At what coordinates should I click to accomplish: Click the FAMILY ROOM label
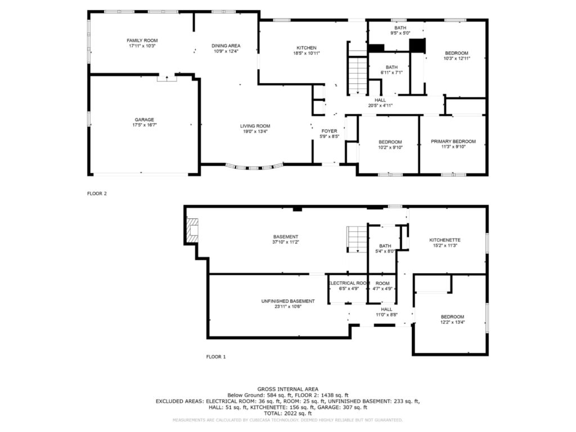142,40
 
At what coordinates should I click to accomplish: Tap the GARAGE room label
145,120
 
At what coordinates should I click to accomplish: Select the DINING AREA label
226,46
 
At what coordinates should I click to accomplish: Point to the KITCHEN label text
307,48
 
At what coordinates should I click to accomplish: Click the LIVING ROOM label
255,126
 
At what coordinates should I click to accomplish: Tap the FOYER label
329,131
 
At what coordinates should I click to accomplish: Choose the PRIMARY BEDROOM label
453,141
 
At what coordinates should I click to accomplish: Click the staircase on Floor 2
358,76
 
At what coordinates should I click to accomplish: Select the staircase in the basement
357,239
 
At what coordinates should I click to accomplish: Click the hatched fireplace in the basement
192,230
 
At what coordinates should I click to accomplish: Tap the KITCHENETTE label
445,240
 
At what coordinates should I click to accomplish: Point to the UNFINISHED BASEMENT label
288,301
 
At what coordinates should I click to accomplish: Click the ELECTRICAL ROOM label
349,283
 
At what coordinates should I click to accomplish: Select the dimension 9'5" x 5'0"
400,33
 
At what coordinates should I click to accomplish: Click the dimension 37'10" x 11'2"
285,242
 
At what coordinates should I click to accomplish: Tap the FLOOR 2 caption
97,193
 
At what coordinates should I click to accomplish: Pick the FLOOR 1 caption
216,357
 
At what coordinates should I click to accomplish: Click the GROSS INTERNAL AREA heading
288,389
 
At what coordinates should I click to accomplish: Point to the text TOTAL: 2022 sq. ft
288,413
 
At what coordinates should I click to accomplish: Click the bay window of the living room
254,168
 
